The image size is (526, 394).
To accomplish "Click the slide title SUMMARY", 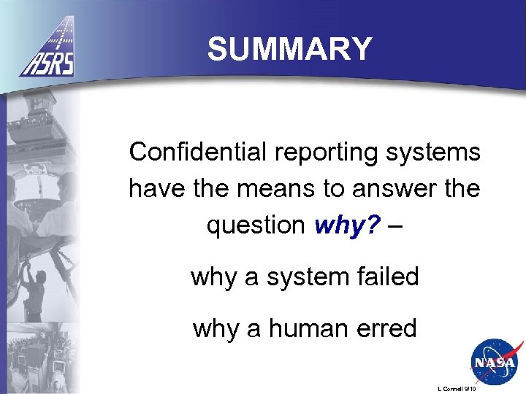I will (x=289, y=50).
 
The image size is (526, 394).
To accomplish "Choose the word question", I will (x=255, y=226).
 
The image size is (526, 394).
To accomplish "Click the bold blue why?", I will (x=348, y=226).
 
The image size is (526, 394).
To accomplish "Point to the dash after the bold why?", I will (x=395, y=226).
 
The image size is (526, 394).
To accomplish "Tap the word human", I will (x=312, y=329).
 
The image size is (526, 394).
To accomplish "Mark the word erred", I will (x=389, y=329).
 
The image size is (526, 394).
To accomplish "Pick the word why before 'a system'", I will (x=214, y=277).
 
